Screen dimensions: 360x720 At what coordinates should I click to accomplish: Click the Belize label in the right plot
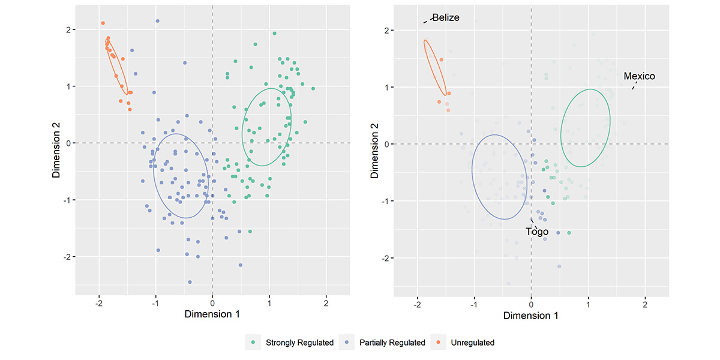(x=445, y=17)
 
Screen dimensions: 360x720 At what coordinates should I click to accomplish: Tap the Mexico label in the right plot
(x=639, y=76)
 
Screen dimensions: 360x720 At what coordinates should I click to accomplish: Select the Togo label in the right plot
(x=537, y=232)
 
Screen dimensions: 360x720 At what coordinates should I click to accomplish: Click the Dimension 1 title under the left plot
(x=212, y=314)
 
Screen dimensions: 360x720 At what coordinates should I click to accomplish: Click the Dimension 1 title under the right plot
(x=530, y=316)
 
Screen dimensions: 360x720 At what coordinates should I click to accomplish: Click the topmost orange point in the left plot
(x=103, y=23)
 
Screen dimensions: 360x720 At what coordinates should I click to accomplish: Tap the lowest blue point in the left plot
(x=190, y=282)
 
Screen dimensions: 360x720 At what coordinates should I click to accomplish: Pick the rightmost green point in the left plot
(x=313, y=88)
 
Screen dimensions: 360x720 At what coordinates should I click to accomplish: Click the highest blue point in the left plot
(x=157, y=21)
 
